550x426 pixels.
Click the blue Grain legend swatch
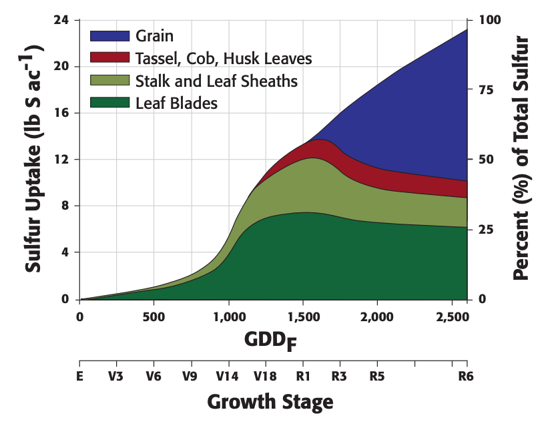pos(110,36)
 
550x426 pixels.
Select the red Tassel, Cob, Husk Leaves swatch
pos(110,58)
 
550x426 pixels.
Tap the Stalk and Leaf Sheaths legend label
pos(216,81)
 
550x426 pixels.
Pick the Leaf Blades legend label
pos(176,103)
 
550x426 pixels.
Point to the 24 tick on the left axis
pos(62,20)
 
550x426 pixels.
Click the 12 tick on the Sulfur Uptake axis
pos(62,160)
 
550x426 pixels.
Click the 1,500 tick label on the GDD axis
pos(303,316)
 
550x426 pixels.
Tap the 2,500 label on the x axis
pos(451,316)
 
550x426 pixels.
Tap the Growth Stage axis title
pos(270,402)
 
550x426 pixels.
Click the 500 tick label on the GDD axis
pos(154,316)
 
